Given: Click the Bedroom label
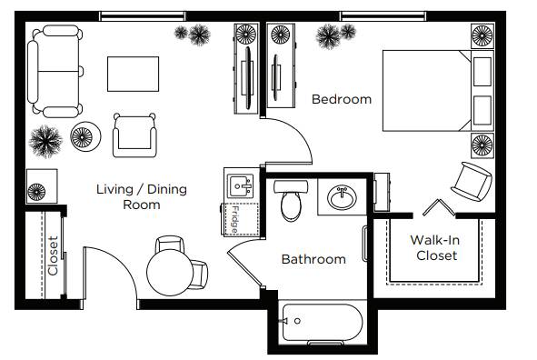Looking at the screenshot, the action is click(342, 99).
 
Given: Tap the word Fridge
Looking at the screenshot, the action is click(235, 220).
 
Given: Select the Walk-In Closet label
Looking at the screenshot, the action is click(435, 247).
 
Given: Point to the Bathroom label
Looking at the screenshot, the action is click(313, 259).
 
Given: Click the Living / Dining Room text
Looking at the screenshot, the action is click(142, 196).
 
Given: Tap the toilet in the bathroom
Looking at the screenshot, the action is click(291, 201).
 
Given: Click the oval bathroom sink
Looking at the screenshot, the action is click(342, 197).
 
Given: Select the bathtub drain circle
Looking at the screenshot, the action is click(297, 321).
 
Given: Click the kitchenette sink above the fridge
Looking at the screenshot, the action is click(241, 186).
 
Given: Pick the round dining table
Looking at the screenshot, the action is click(170, 273).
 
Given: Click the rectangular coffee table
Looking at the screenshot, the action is click(134, 74).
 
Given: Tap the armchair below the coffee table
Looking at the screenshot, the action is click(135, 136).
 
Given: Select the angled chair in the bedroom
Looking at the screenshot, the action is click(472, 182).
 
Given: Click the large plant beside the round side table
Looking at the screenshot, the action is click(45, 141).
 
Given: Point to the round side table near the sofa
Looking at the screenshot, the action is click(85, 136).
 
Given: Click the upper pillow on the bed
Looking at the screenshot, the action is click(482, 72).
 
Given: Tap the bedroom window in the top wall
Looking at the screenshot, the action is click(383, 16).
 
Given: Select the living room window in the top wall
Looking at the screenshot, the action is click(143, 16).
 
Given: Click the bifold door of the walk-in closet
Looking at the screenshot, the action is click(439, 207).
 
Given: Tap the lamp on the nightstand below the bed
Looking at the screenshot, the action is click(482, 145).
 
